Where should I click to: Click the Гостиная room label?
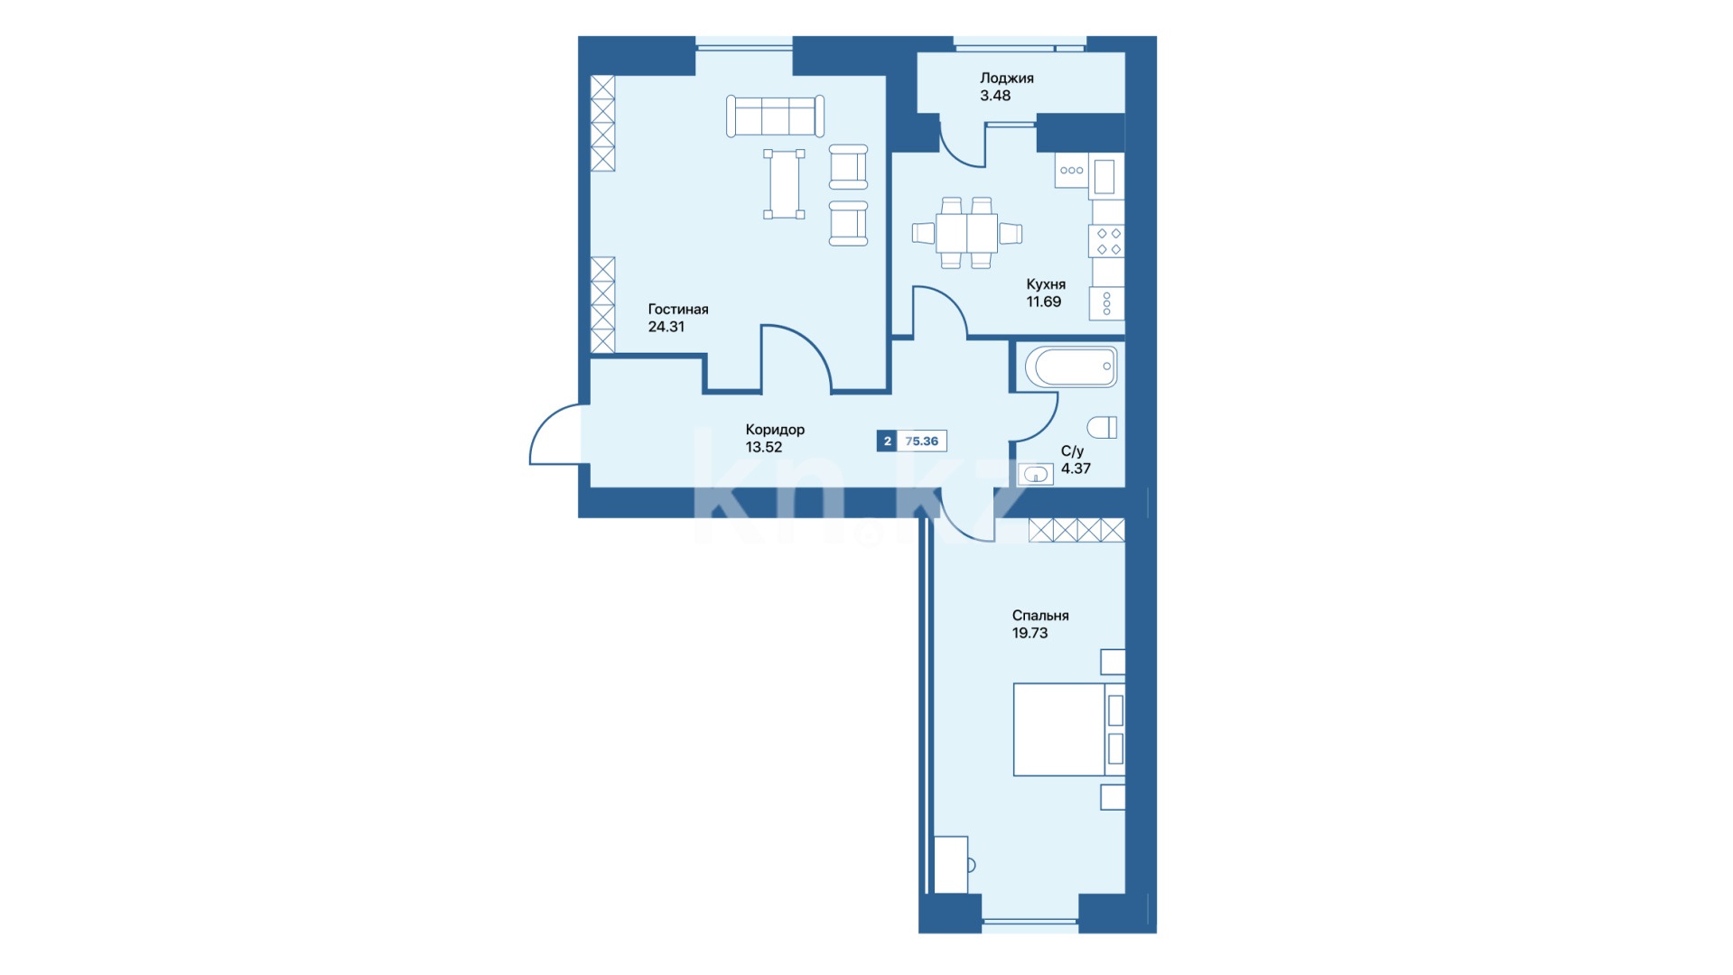[677, 310]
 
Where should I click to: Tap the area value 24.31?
[666, 327]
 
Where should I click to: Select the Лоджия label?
[1007, 79]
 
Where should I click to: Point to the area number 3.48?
[995, 96]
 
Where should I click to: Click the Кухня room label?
[1046, 284]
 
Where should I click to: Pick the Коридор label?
[775, 430]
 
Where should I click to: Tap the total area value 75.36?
[921, 441]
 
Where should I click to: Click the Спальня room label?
[1040, 616]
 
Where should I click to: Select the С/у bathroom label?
[1072, 451]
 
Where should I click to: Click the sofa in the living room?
[775, 116]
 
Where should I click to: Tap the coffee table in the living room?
[784, 184]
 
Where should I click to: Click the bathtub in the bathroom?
[1071, 367]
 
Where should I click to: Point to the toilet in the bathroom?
[1102, 427]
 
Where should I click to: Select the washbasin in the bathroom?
[1036, 474]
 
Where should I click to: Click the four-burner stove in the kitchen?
[1106, 242]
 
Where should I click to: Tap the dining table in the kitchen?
[966, 233]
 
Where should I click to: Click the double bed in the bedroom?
[1068, 729]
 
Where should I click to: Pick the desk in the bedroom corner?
[951, 865]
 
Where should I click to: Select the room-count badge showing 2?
[887, 441]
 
